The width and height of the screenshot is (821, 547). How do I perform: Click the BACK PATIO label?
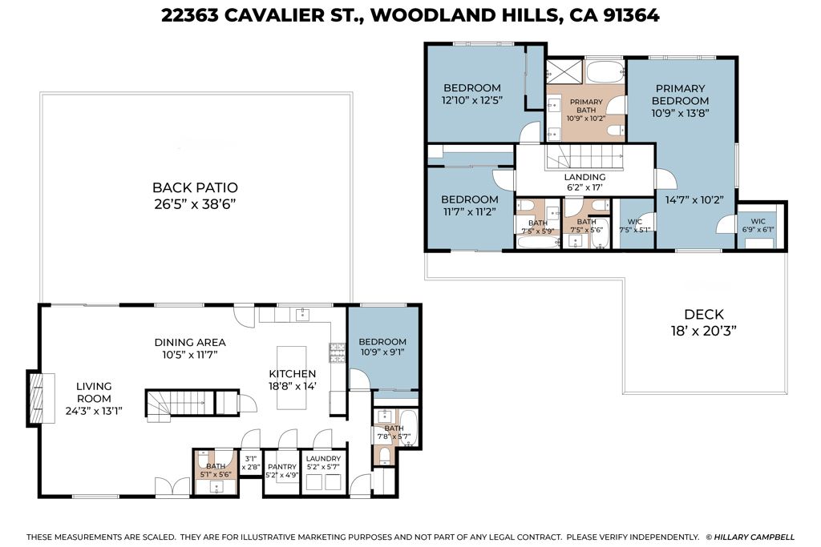click(x=195, y=187)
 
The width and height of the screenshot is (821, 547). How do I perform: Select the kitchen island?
click(x=292, y=377)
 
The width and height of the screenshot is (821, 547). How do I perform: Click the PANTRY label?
click(x=282, y=466)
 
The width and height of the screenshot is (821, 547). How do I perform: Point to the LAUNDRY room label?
click(x=323, y=459)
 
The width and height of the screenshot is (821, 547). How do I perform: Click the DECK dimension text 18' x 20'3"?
click(x=704, y=331)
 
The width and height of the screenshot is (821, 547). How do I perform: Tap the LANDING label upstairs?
click(x=584, y=177)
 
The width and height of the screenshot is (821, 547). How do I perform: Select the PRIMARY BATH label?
click(x=586, y=106)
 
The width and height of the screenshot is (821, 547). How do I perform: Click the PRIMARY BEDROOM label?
click(x=680, y=95)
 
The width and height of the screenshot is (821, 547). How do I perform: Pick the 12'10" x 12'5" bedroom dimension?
click(x=472, y=100)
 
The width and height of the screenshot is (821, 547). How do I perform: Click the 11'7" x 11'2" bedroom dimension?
click(x=468, y=211)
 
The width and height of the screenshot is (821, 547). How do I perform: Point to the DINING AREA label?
click(x=190, y=343)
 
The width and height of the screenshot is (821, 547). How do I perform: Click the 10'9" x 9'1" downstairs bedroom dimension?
click(x=382, y=352)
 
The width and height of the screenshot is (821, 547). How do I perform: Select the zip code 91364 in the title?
click(x=631, y=15)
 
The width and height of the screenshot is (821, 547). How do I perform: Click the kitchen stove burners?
click(x=338, y=352)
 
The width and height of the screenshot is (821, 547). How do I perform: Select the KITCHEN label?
click(x=292, y=374)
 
